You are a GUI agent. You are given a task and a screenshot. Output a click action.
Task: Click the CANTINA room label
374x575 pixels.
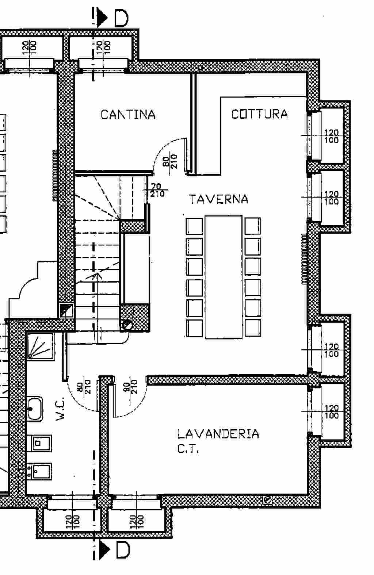click(128, 114)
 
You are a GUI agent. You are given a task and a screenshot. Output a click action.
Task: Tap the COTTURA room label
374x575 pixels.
click(259, 114)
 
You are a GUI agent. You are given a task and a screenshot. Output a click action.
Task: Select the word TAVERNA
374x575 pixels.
click(218, 199)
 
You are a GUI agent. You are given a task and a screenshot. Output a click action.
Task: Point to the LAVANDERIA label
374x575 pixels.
click(218, 434)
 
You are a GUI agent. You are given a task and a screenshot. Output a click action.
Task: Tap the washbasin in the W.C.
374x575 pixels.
click(34, 409)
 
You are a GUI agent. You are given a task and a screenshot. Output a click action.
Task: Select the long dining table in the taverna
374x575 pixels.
click(224, 277)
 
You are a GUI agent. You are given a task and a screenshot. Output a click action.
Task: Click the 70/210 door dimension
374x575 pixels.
click(157, 190)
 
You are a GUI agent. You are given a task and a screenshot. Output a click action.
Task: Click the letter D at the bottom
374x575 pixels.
click(123, 550)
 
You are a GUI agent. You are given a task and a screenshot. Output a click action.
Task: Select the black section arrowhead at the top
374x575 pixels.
click(103, 18)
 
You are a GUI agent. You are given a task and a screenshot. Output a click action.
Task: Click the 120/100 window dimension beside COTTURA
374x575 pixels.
click(331, 137)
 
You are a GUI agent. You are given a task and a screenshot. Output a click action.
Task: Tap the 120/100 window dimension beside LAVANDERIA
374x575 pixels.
click(331, 412)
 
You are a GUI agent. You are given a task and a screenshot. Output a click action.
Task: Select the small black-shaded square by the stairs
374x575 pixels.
click(66, 311)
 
